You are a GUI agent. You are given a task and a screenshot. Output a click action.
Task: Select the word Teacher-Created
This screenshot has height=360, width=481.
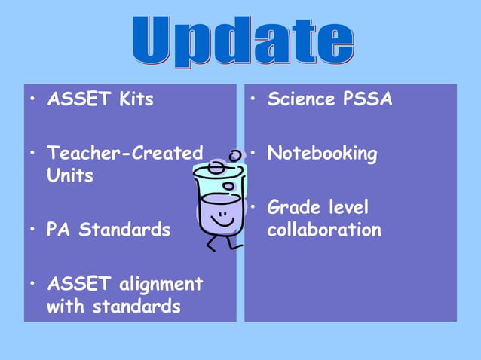[124, 154]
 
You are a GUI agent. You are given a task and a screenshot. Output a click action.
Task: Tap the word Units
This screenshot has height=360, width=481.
[70, 176]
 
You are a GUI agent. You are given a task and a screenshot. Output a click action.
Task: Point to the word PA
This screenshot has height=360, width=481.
[60, 229]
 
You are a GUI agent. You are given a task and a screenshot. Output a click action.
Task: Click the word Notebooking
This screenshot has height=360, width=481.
[322, 154]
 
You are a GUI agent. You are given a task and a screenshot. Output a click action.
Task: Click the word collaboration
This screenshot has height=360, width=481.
[324, 230]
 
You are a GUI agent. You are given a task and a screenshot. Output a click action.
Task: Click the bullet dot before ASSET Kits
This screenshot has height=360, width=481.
[32, 100]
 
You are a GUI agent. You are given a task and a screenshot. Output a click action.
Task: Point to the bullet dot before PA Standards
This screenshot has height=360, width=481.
[32, 230]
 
